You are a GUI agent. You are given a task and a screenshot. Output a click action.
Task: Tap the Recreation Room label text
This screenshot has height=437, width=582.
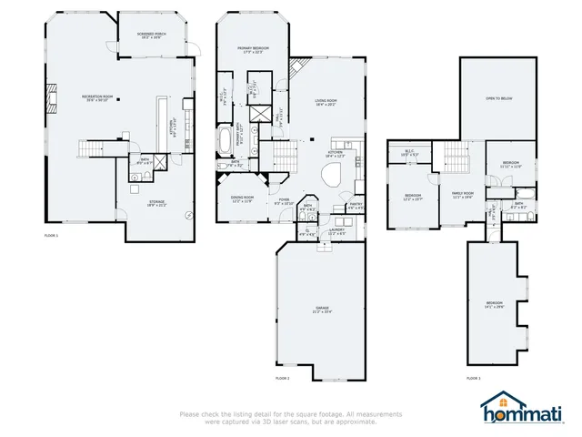point(95,97)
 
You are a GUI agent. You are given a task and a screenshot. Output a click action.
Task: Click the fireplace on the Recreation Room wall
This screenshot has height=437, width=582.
point(53,97)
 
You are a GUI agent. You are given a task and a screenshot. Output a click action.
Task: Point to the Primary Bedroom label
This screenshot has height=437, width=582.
point(251,48)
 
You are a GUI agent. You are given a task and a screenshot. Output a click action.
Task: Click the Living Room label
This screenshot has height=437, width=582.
point(326,102)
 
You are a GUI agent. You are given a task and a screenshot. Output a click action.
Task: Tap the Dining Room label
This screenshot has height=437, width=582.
point(242,198)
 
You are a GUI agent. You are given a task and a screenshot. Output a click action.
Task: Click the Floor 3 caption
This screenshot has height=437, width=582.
point(473,377)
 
